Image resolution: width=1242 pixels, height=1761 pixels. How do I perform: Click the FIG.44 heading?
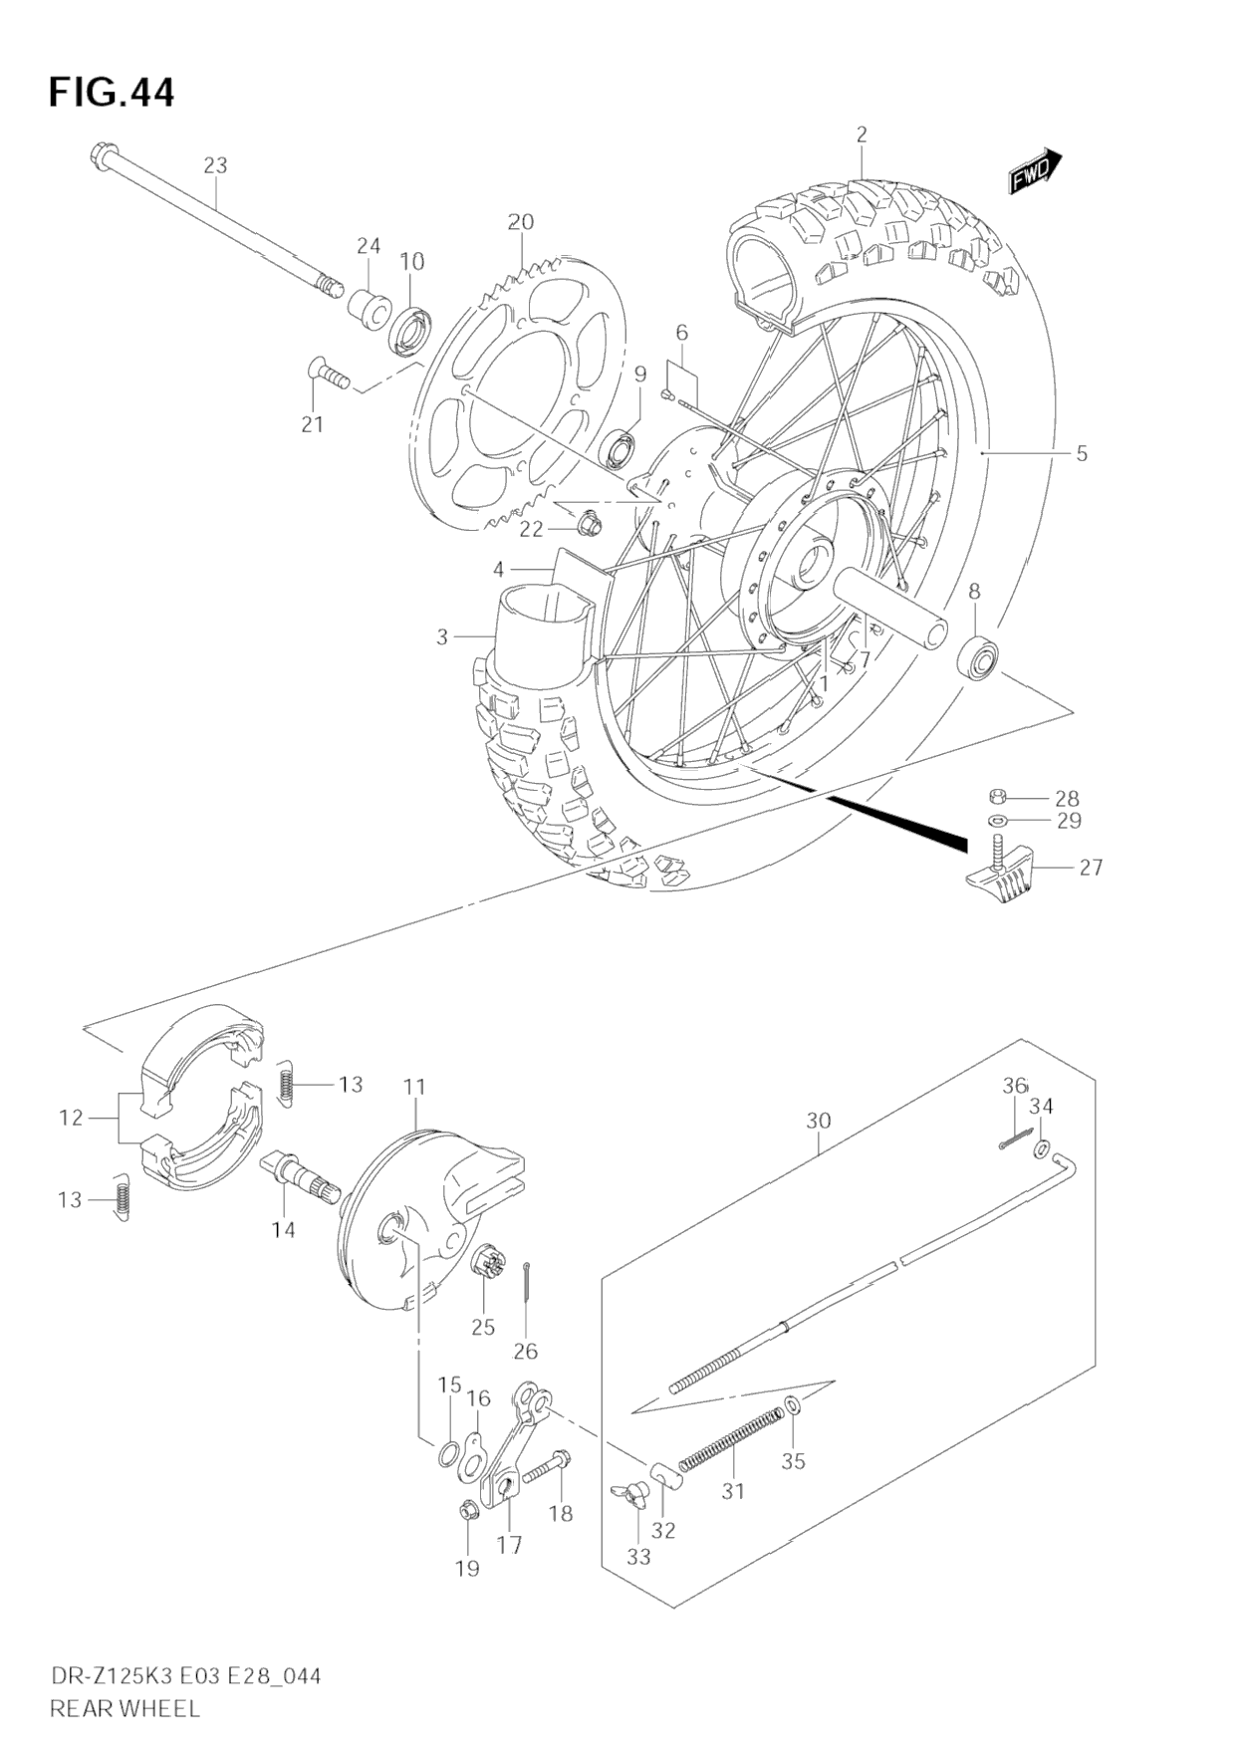pos(111,92)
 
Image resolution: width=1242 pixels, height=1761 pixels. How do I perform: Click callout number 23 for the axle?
pos(215,165)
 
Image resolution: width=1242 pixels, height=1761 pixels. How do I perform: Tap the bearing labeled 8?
pos(978,655)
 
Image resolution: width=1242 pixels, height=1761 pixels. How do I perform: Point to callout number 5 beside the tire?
pos(1081,454)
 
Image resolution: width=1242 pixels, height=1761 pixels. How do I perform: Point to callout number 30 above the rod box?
pos(818,1121)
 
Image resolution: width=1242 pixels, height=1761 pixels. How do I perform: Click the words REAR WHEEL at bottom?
pos(124,1708)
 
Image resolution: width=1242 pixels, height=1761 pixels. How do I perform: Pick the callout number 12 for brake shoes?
pos(71,1118)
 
